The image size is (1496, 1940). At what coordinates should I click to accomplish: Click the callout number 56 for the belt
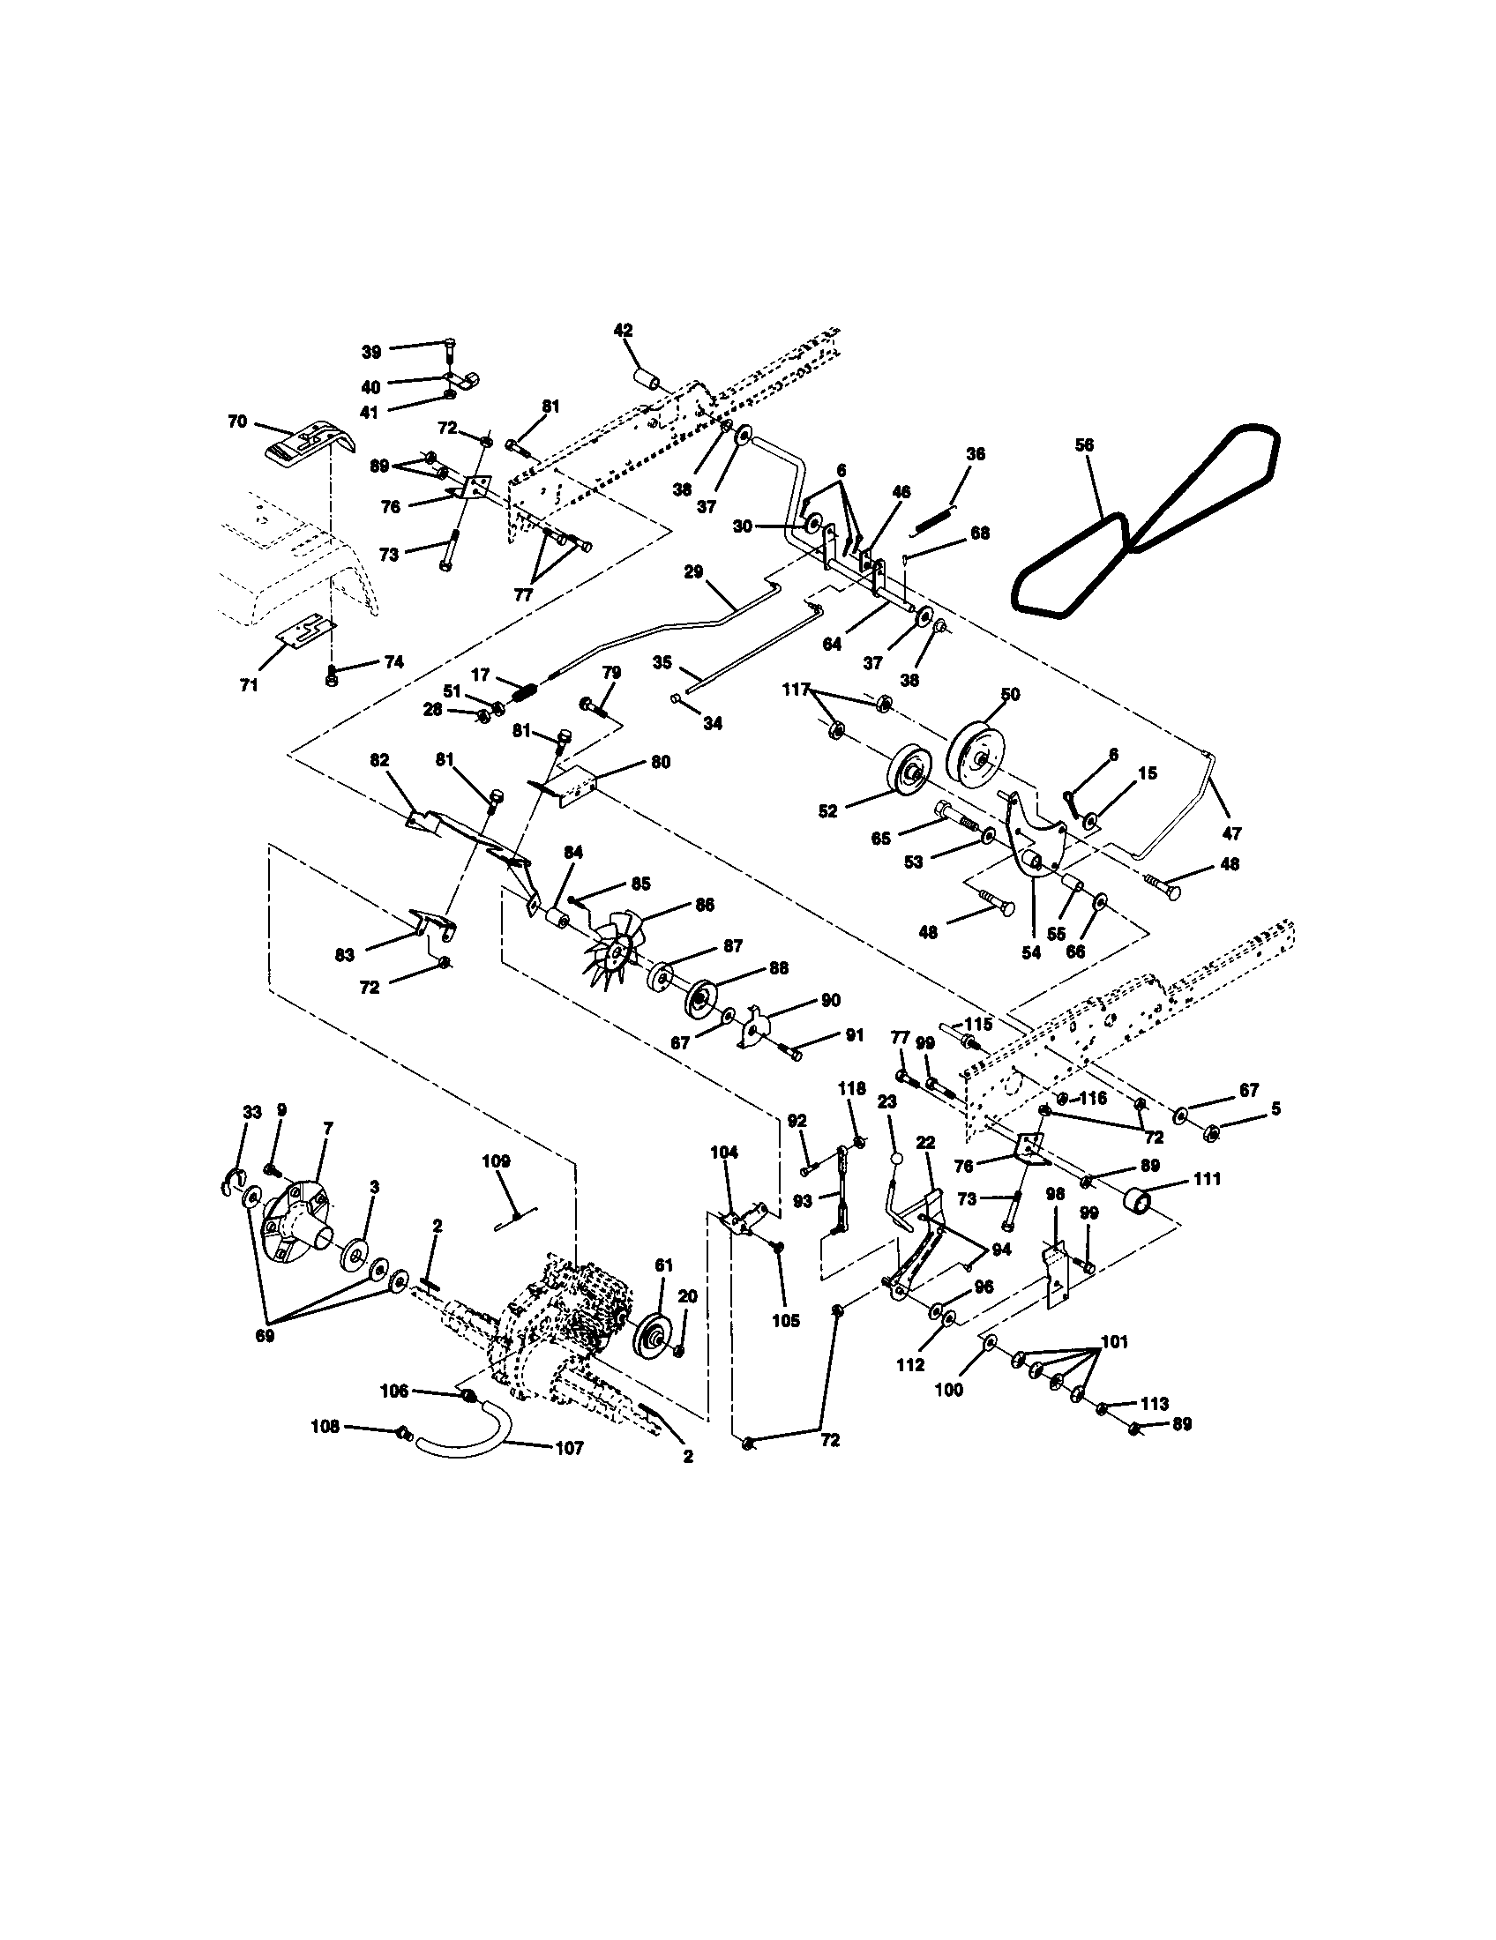click(x=1084, y=446)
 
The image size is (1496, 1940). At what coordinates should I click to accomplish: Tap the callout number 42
click(x=623, y=330)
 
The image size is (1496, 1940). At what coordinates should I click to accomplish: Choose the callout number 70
click(x=237, y=422)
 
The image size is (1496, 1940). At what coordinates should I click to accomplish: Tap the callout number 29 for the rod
click(x=693, y=572)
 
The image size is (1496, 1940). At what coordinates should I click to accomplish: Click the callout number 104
click(x=724, y=1153)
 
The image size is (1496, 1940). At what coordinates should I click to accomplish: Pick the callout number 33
click(x=252, y=1111)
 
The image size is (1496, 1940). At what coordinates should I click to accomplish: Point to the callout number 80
click(x=660, y=762)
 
